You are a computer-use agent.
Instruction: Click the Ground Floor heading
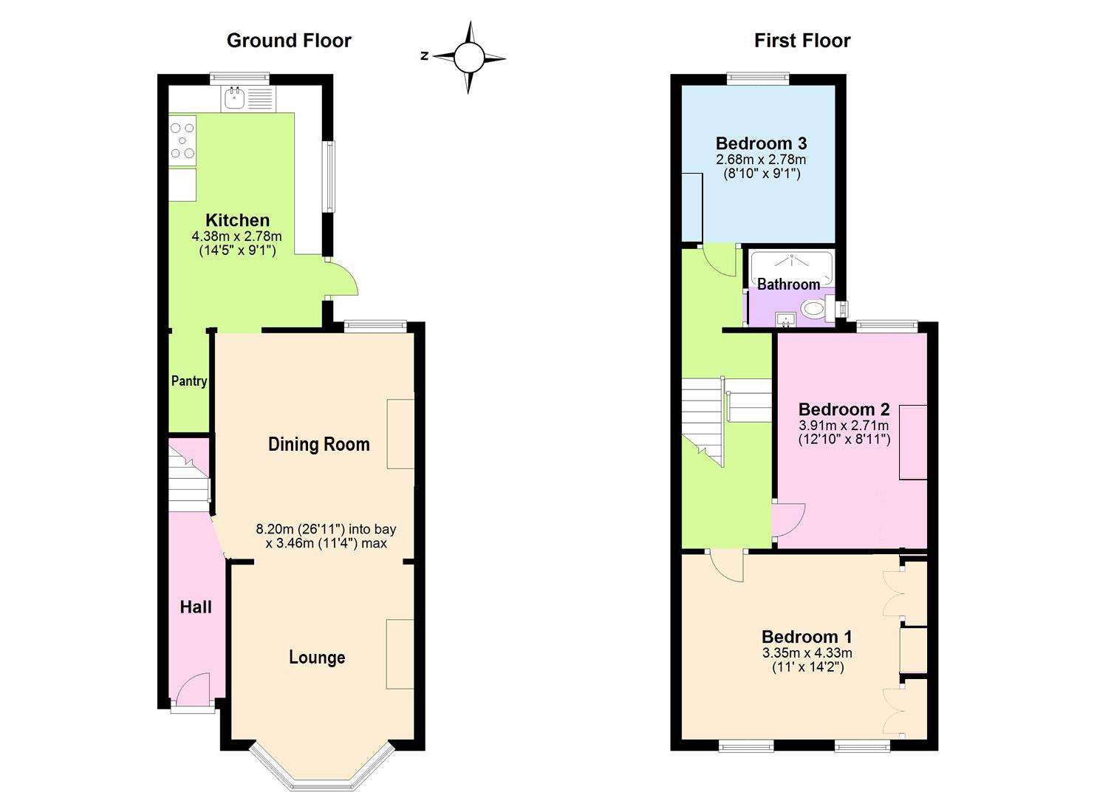tap(289, 41)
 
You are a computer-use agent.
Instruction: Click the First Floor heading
tap(802, 41)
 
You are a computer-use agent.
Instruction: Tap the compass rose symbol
tap(468, 57)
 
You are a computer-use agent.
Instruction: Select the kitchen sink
tap(235, 98)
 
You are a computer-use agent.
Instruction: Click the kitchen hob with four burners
tap(182, 140)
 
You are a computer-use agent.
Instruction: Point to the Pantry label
tap(189, 381)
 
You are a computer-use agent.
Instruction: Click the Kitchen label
tap(237, 220)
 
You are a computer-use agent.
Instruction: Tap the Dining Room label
tap(318, 444)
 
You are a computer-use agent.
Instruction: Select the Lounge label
tap(317, 658)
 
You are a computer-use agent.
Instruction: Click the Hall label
tap(196, 607)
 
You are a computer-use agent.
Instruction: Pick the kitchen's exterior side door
tap(341, 279)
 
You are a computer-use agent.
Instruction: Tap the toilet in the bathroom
tap(814, 309)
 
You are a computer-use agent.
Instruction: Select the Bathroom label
tap(788, 284)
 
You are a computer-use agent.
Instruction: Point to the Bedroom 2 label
tap(844, 409)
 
